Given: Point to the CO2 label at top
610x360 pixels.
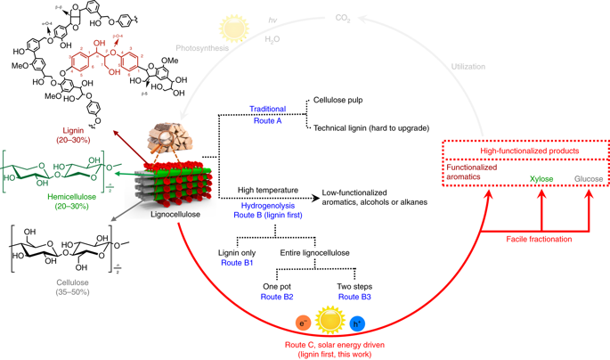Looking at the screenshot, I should pos(342,18).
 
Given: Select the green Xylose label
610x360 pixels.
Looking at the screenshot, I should pos(541,179).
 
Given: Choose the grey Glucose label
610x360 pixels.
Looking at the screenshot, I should pos(589,179).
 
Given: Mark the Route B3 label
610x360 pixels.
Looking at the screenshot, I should pos(354,298).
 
